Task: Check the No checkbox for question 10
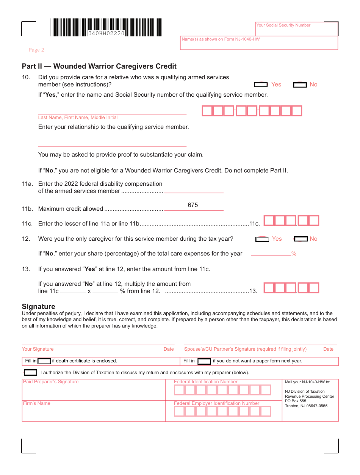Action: point(300,85)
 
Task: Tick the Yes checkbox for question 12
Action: point(262,239)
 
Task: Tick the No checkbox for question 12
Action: point(301,239)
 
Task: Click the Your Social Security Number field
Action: point(297,29)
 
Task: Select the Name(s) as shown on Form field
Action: point(259,43)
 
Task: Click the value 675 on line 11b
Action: point(193,205)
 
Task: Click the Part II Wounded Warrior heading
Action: point(99,66)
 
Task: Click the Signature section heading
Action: point(38,306)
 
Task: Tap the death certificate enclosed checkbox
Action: point(44,361)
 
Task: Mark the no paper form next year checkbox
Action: point(204,361)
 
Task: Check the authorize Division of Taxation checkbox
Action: point(31,373)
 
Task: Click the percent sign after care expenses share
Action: point(294,254)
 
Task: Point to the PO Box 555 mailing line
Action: point(296,401)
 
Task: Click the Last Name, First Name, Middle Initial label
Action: point(78,118)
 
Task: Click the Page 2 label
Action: point(36,50)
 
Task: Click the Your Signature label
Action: point(38,349)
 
